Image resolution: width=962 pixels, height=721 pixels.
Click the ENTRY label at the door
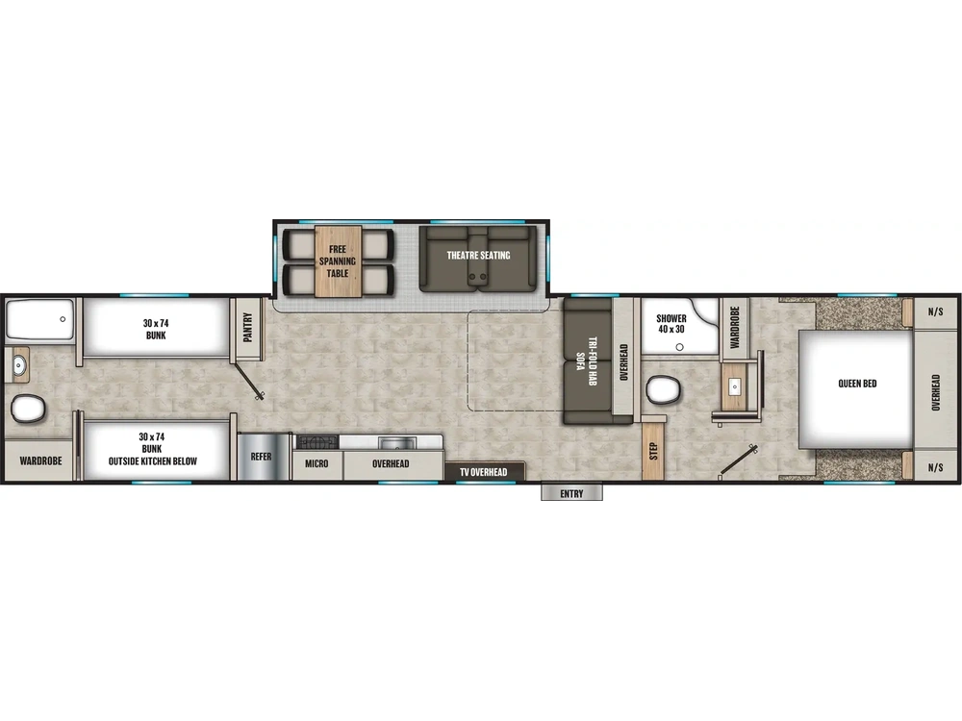click(x=571, y=494)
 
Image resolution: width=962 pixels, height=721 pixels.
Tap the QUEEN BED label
click(x=857, y=384)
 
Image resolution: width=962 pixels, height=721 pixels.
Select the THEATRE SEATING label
click(x=478, y=256)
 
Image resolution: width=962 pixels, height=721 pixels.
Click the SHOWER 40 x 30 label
click(x=671, y=324)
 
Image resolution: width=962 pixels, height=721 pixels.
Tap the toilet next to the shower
click(x=664, y=390)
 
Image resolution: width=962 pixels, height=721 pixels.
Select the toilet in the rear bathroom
click(x=28, y=409)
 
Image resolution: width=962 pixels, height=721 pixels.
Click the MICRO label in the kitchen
click(x=316, y=463)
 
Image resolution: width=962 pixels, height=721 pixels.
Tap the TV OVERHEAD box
click(x=485, y=472)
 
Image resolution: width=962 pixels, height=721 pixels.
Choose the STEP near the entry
click(x=653, y=450)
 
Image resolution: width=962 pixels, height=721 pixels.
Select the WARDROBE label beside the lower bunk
click(x=39, y=461)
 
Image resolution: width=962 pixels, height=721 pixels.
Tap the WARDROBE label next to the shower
click(x=734, y=328)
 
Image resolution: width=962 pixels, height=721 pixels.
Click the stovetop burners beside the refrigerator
click(x=316, y=442)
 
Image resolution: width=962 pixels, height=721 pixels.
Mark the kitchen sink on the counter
click(x=393, y=442)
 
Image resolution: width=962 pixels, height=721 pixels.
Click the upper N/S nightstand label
click(x=935, y=311)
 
